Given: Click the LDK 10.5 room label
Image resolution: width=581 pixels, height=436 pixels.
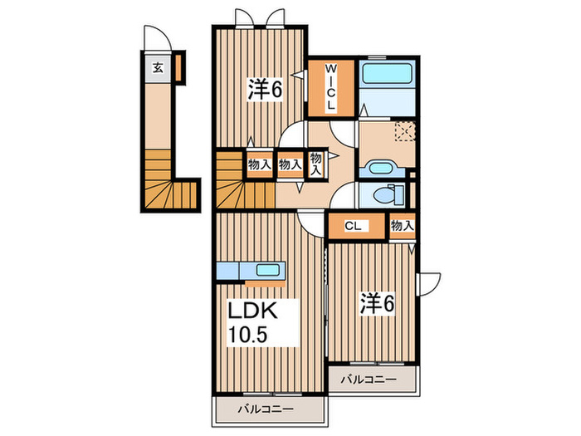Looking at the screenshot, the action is click(x=252, y=322).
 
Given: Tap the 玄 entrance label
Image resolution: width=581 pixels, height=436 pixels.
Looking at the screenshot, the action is click(x=159, y=68).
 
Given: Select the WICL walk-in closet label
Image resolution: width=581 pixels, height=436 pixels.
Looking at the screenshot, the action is click(x=330, y=86).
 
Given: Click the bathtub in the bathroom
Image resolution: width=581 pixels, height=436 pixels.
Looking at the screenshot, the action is click(x=387, y=73).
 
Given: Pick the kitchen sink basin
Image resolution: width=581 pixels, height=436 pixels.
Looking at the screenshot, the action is click(x=267, y=270).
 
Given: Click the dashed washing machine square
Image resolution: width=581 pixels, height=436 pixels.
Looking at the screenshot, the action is click(x=405, y=131).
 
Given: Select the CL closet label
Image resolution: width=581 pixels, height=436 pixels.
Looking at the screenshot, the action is click(x=353, y=226).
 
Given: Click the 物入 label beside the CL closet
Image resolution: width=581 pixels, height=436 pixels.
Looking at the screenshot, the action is click(x=402, y=225).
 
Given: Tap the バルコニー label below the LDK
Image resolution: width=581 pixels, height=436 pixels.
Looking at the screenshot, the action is click(x=266, y=409).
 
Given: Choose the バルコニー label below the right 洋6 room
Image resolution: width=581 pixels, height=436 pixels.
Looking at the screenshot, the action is click(x=369, y=380).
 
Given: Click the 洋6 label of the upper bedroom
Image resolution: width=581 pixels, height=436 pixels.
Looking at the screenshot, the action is click(x=266, y=90).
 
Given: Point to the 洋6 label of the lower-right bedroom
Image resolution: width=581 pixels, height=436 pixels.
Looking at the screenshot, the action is click(x=378, y=303).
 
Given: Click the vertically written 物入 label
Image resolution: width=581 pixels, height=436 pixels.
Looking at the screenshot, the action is click(x=315, y=164).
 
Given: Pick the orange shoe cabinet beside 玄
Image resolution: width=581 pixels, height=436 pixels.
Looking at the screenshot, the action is click(x=178, y=67).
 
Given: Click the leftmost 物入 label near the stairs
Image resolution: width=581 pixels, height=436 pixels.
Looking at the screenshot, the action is click(x=259, y=164).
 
